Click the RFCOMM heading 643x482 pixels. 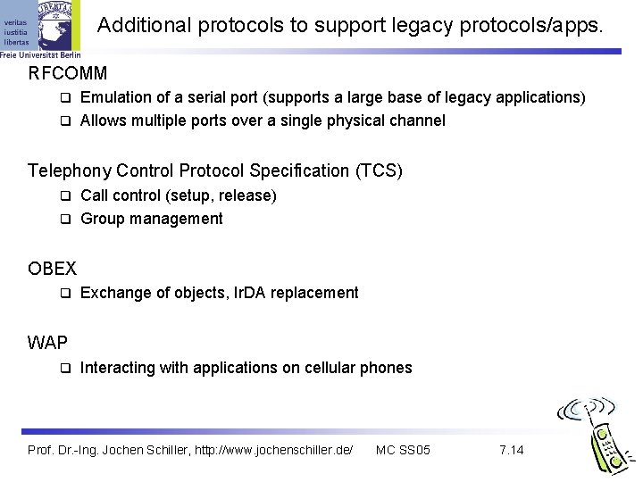pos(68,72)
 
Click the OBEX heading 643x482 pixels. pos(53,268)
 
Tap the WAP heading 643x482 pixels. pos(48,342)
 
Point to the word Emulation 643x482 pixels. pos(114,96)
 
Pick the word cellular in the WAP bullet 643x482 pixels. pos(332,368)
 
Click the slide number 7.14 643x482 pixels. pos(512,449)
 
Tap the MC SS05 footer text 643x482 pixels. pos(404,449)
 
